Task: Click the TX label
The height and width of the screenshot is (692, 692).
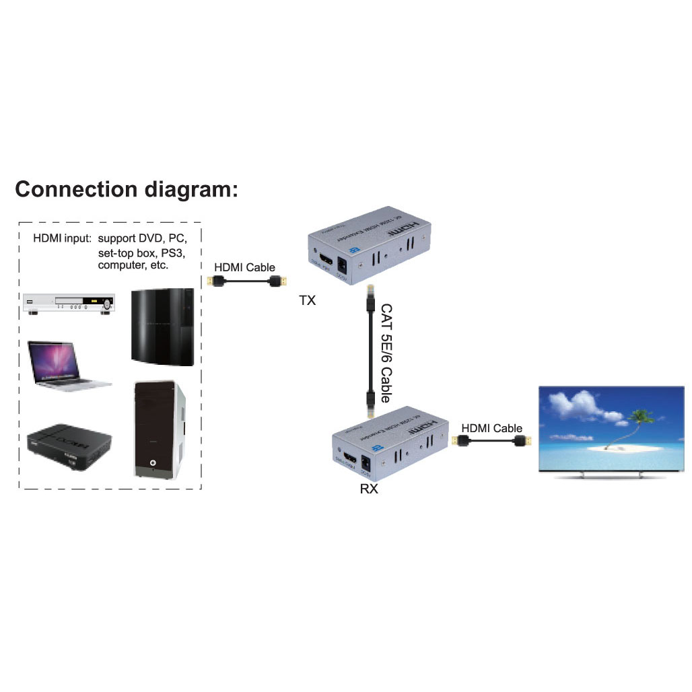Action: (307, 302)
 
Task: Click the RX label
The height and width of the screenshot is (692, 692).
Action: (369, 489)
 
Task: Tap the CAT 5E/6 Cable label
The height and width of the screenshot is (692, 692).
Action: (387, 353)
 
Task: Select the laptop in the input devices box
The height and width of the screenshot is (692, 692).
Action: (67, 364)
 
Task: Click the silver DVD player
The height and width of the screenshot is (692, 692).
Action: (68, 304)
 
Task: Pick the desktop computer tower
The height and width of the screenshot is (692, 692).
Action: (160, 429)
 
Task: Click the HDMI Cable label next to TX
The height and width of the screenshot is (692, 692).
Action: (244, 267)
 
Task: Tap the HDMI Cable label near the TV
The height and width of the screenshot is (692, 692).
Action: (491, 428)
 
